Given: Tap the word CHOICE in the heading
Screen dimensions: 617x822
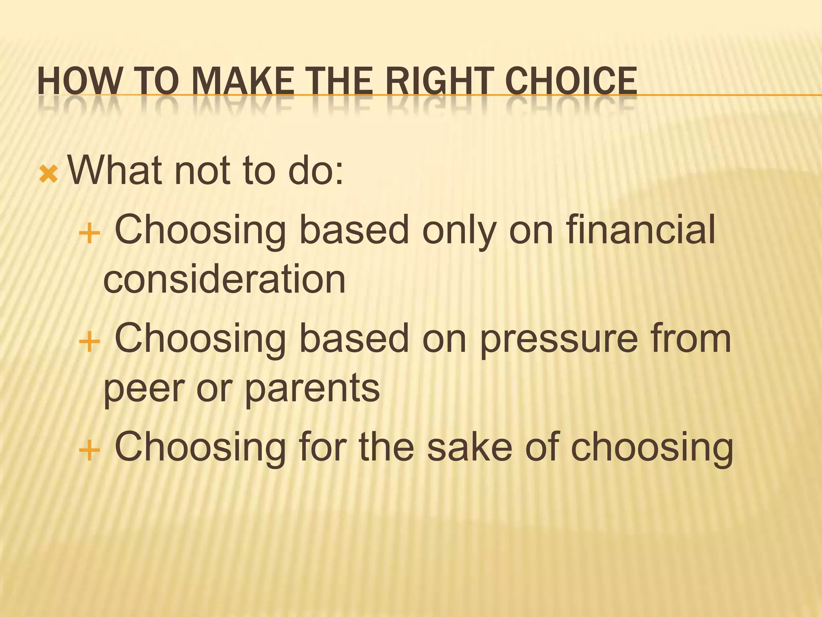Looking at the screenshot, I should point(571,81).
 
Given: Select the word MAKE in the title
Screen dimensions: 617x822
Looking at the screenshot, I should point(242,81).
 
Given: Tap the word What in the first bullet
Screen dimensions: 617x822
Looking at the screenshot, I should point(115,171).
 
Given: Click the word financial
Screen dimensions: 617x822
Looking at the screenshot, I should point(641,229).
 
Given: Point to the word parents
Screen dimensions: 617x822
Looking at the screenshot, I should point(312,389).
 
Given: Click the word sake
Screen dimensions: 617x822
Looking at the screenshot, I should point(470,447).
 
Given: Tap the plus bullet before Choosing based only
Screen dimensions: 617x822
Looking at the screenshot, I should point(89,233).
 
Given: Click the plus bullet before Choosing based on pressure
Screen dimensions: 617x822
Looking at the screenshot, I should point(89,342).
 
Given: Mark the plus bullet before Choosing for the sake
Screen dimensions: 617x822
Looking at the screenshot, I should point(89,450).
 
